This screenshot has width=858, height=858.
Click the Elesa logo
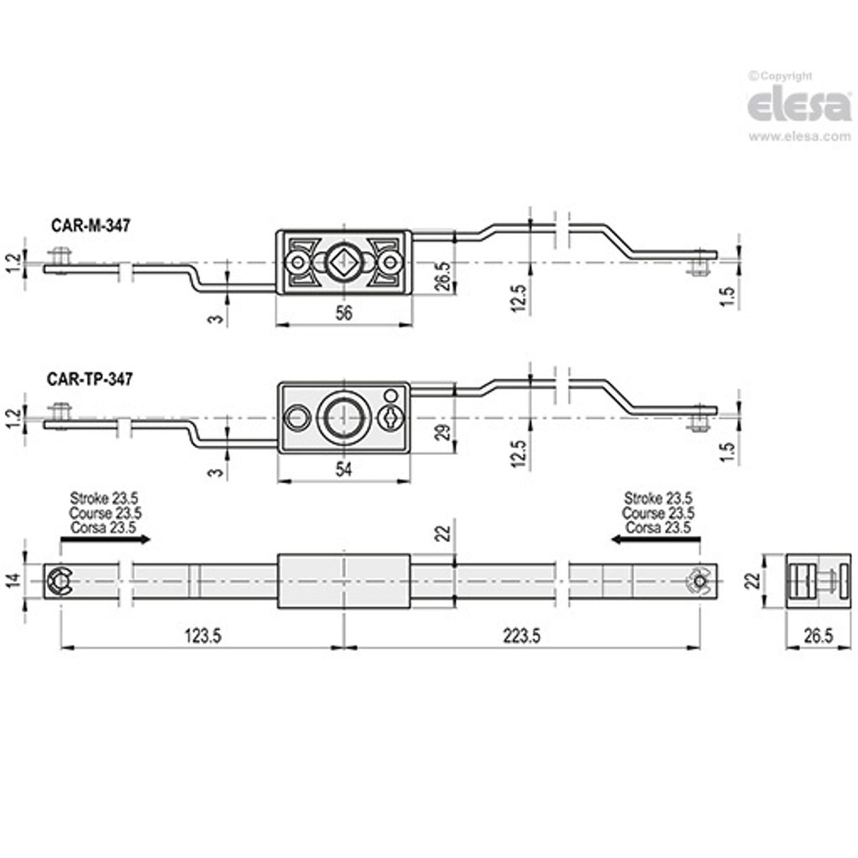point(799,107)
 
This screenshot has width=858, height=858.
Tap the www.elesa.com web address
point(799,136)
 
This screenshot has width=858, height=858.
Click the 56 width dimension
point(343,314)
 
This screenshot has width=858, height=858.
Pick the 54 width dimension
point(343,469)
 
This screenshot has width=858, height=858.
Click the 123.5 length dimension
point(203,636)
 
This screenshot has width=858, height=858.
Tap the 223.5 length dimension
point(522,636)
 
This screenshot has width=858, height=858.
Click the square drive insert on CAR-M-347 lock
point(343,263)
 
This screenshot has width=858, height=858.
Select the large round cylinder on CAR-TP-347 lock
point(342,418)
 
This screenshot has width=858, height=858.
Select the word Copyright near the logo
point(784,76)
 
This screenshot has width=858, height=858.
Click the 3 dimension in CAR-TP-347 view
point(218,471)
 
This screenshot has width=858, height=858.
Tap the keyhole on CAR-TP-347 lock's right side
point(389,417)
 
